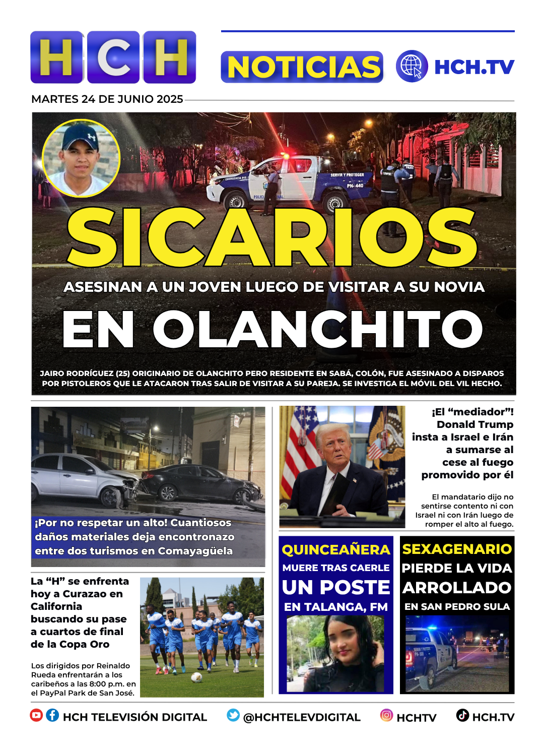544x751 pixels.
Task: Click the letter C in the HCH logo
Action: click(x=114, y=57)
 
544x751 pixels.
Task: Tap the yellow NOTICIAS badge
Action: click(x=302, y=67)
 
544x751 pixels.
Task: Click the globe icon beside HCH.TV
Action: click(x=412, y=67)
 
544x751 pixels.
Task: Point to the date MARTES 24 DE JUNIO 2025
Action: click(x=107, y=99)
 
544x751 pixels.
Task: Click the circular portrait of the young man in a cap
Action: click(x=81, y=158)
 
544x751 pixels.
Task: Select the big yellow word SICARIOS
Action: click(x=272, y=237)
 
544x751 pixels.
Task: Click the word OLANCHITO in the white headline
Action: click(x=317, y=330)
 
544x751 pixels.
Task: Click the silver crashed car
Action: click(x=81, y=479)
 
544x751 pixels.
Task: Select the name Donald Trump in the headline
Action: click(x=475, y=424)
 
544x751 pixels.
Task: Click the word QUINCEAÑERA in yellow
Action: click(x=336, y=550)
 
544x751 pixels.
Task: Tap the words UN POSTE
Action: click(x=336, y=588)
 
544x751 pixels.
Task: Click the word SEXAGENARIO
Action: click(x=457, y=549)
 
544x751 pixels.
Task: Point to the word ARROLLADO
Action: click(x=457, y=588)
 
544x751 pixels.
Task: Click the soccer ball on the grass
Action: click(x=197, y=677)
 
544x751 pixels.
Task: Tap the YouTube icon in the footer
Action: click(x=36, y=715)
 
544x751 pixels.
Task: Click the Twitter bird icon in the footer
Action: click(x=233, y=715)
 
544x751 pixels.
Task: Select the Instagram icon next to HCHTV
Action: click(x=386, y=715)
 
